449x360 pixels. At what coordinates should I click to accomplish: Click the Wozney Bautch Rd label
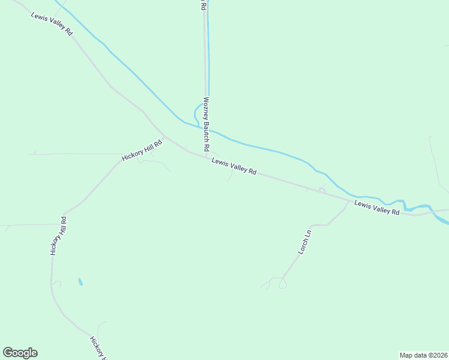click(206, 124)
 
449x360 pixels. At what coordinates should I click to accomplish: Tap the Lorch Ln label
click(306, 241)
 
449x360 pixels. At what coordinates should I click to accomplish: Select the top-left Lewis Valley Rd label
click(52, 22)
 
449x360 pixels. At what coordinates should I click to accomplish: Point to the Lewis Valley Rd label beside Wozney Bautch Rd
click(234, 166)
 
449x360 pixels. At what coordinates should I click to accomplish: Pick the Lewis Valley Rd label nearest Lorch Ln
click(376, 208)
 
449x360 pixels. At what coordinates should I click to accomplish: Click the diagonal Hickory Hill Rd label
click(142, 151)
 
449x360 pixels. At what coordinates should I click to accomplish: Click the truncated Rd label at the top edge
click(203, 5)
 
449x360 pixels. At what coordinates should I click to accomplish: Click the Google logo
click(20, 353)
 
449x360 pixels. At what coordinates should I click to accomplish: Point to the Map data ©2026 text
click(423, 355)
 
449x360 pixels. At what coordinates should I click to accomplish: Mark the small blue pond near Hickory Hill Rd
click(80, 281)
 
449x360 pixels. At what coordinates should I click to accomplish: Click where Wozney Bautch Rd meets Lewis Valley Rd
click(206, 157)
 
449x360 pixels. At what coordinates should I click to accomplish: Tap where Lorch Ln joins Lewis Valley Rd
click(348, 201)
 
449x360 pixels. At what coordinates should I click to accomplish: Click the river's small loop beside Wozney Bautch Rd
click(196, 113)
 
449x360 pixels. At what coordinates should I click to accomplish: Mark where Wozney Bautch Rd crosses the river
click(207, 128)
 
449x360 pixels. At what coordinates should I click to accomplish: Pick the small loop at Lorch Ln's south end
click(283, 285)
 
